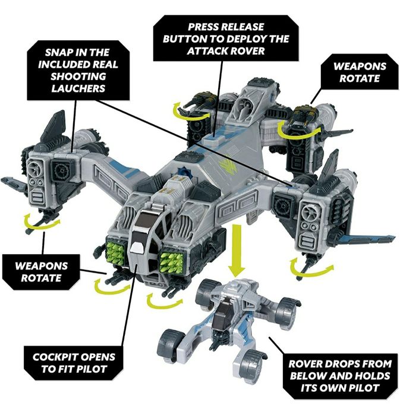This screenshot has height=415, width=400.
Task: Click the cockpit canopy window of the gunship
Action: [x=144, y=237]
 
